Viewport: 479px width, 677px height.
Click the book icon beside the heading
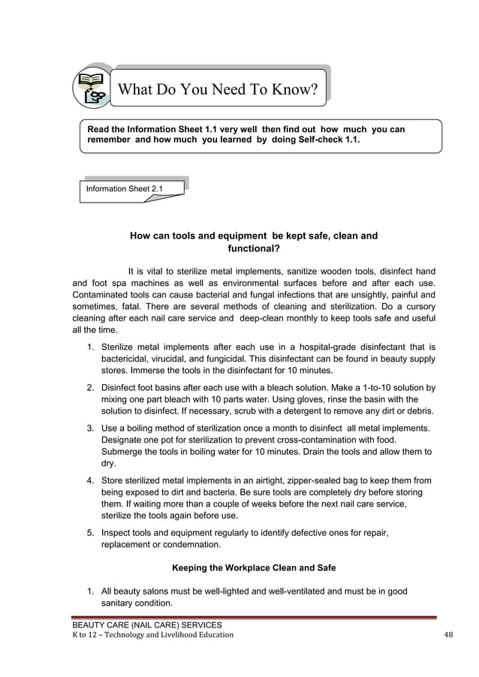92,88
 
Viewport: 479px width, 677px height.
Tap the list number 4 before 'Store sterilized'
90,480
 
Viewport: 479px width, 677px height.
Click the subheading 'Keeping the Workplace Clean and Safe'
254,567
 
